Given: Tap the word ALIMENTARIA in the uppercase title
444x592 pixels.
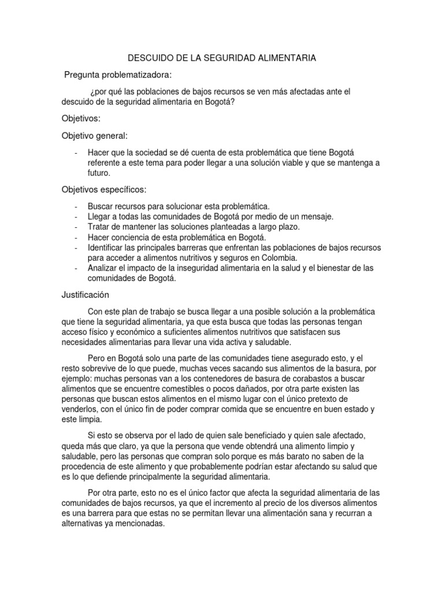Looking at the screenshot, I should point(286,58).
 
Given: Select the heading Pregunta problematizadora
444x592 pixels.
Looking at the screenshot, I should point(118,75).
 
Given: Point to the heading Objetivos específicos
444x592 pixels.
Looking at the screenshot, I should point(104,190).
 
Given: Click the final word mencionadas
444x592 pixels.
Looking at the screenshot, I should point(139,524).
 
